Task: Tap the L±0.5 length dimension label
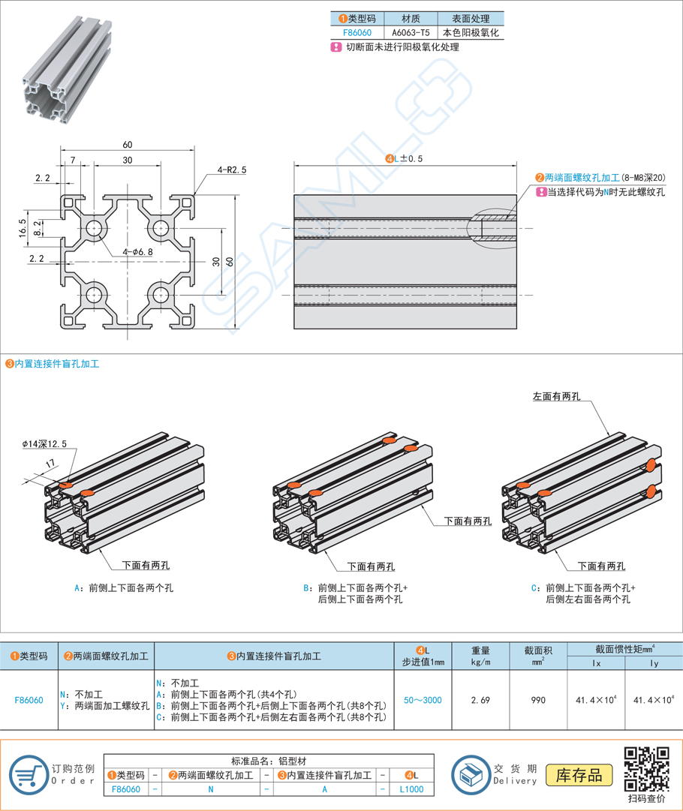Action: pos(404,158)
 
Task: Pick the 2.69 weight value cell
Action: pos(480,700)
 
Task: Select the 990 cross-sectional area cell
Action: pos(538,700)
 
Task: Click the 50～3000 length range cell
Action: pos(422,700)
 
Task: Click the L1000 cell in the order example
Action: pos(411,789)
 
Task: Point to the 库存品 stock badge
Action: pos(579,774)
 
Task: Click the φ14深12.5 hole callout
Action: pos(44,444)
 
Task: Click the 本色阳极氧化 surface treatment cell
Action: pos(471,33)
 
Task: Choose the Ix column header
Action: pos(597,664)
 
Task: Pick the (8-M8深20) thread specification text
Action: pos(643,178)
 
